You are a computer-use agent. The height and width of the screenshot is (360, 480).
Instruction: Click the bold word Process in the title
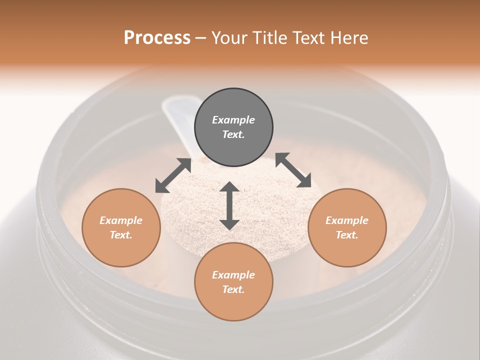tap(157, 38)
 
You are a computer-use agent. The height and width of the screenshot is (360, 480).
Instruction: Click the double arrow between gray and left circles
tap(173, 175)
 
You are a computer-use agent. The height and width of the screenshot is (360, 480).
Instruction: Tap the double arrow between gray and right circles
tap(293, 170)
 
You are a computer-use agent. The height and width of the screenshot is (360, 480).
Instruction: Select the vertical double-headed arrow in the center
tap(229, 205)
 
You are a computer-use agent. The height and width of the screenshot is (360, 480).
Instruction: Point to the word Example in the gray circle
tap(233, 120)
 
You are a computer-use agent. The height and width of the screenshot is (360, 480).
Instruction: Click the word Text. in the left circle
tap(121, 235)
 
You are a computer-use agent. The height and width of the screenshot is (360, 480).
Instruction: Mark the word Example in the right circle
tap(347, 220)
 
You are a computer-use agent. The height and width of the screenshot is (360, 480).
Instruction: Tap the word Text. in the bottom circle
tap(233, 289)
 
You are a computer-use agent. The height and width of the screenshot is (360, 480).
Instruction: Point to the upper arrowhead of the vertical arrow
tap(229, 188)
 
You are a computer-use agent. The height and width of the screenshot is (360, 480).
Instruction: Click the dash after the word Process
tap(201, 38)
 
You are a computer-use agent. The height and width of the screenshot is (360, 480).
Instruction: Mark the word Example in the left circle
tap(121, 220)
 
